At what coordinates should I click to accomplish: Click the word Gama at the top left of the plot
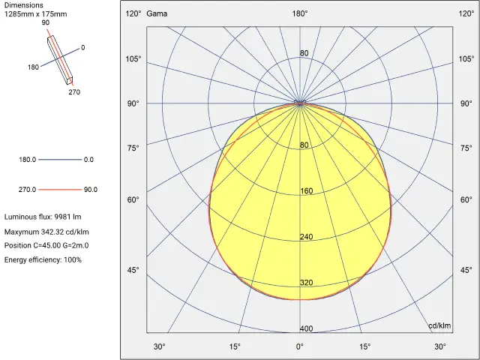[157, 13]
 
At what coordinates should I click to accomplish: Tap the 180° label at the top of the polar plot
[299, 13]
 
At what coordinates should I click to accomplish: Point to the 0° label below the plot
[299, 346]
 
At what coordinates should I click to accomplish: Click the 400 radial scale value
[306, 328]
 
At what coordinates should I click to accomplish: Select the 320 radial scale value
[306, 283]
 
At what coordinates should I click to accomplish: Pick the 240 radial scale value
[306, 237]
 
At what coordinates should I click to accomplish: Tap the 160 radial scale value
[306, 191]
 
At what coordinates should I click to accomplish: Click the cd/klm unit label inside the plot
[439, 325]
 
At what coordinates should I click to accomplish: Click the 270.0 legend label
[28, 190]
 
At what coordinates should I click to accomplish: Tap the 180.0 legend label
[28, 160]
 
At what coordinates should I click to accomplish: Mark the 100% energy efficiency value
[73, 259]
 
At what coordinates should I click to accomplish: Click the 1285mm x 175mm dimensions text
[35, 14]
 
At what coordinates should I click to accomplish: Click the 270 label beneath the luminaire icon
[73, 92]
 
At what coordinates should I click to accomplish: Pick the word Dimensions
[23, 5]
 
